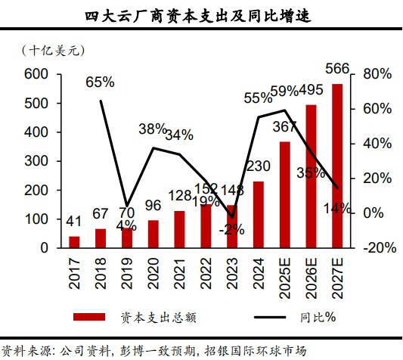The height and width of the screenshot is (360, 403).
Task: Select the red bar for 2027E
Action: click(337, 166)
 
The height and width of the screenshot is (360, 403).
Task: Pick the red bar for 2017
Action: click(74, 242)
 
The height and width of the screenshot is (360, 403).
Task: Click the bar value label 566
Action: click(337, 70)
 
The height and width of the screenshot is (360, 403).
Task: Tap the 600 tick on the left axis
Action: click(36, 74)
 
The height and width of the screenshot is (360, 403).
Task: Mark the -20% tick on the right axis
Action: click(377, 248)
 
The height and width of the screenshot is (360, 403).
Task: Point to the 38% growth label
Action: click(152, 129)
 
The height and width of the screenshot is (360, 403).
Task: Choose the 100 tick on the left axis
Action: click(36, 219)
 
